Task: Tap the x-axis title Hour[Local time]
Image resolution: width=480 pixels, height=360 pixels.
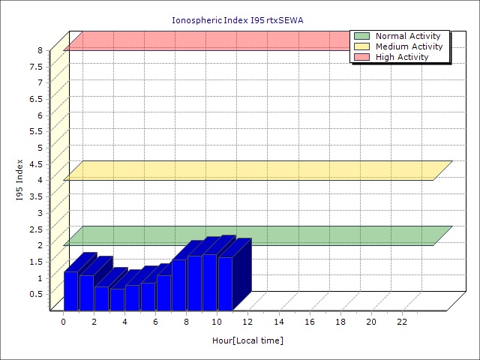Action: pos(247,340)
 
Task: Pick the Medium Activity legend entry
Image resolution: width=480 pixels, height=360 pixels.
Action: pos(409,46)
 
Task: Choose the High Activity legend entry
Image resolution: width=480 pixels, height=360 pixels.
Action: pos(402,57)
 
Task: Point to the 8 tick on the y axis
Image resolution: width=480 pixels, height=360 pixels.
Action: pos(40,50)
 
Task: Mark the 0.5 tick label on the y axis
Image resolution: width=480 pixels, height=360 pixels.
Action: pos(37,293)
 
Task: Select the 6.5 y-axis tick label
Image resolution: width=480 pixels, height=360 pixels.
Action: pos(37,99)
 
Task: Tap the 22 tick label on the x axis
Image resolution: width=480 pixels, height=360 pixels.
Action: pos(402,322)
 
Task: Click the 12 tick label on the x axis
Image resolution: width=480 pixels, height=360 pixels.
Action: pos(248,322)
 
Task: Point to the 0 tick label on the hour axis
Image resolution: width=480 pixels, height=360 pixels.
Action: pos(64,322)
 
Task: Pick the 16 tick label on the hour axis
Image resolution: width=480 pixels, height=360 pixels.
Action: pos(310,322)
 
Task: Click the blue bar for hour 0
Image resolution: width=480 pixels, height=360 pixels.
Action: pos(70,291)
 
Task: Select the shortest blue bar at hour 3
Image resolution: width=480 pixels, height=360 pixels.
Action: pos(117,299)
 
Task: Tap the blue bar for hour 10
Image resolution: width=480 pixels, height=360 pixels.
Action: pos(225,283)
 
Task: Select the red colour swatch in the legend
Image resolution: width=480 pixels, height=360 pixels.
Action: pos(362,57)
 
